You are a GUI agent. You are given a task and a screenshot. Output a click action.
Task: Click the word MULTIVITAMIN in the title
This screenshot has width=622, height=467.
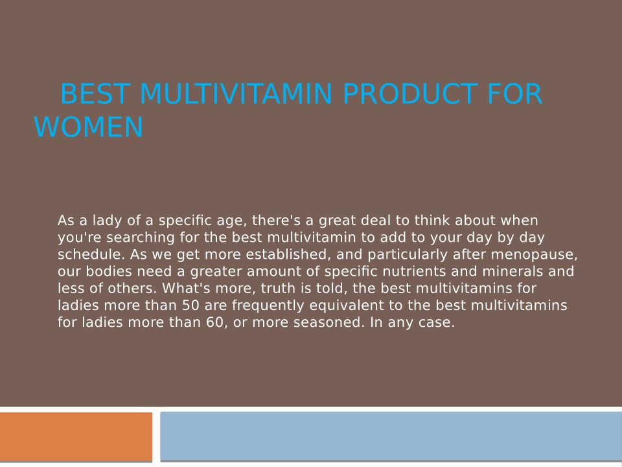(236, 93)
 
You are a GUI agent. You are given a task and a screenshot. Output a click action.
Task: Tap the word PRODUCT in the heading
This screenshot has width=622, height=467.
(409, 93)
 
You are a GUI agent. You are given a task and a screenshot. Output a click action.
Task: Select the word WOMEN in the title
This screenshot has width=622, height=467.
(89, 127)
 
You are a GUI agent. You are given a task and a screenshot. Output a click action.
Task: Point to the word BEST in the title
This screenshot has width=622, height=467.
(95, 93)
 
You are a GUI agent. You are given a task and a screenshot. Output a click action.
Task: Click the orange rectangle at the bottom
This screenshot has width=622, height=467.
(76, 437)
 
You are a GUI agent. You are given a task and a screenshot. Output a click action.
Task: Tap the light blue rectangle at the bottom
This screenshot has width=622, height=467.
(391, 436)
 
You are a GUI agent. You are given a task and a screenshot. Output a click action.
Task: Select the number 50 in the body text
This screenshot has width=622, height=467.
(191, 305)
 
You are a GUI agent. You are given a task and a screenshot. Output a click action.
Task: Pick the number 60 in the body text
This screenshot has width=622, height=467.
(216, 322)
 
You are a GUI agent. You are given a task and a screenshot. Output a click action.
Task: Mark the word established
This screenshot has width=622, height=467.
(288, 254)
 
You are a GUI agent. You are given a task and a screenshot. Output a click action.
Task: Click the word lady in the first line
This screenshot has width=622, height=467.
(107, 221)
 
